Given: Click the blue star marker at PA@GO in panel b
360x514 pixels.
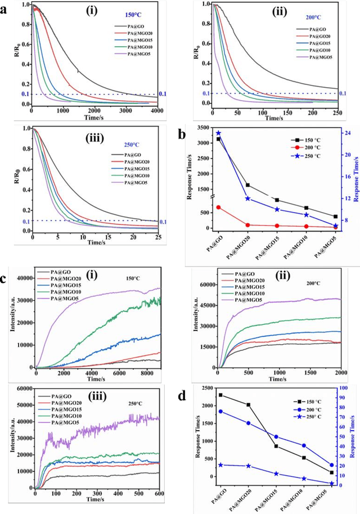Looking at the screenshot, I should (x=218, y=133).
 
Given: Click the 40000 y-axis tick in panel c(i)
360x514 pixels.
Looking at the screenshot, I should (x=22, y=278).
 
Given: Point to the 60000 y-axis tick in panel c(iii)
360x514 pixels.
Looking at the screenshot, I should (x=22, y=389).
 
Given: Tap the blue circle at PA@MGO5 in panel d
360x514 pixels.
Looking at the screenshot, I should (x=332, y=465).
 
